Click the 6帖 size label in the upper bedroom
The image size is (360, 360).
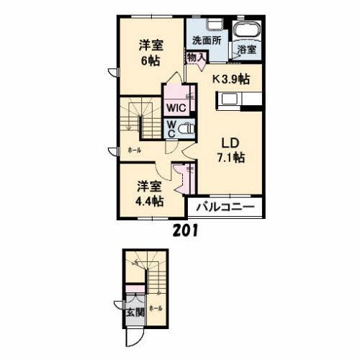[x=150, y=60]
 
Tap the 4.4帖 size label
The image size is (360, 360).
[x=150, y=200]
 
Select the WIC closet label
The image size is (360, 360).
[x=176, y=108]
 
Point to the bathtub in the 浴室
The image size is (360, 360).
[x=248, y=30]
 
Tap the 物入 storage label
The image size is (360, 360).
[x=194, y=57]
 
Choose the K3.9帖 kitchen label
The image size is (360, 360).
[x=230, y=78]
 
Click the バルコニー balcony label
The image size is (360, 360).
[x=225, y=207]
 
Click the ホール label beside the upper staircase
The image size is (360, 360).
[x=134, y=150]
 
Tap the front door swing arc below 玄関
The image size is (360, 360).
[x=132, y=337]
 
